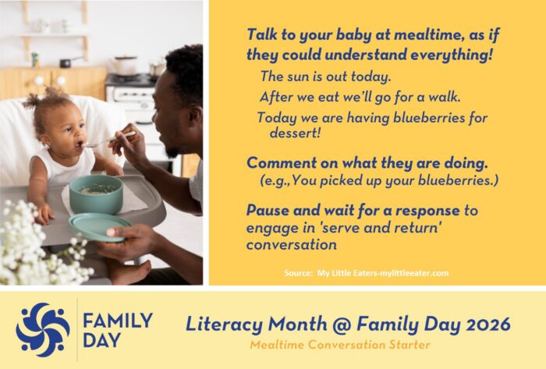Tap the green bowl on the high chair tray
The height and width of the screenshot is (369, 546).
[x=96, y=193]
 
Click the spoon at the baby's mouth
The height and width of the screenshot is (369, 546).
[x=97, y=142]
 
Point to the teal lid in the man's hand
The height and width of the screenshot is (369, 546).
[x=100, y=226]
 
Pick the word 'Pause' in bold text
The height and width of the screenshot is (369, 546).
[x=268, y=210]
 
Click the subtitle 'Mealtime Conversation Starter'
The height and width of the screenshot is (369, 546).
[x=339, y=344]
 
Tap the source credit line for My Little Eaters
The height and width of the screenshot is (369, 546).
[x=366, y=272]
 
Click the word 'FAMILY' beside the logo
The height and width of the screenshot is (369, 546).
[x=118, y=319]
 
